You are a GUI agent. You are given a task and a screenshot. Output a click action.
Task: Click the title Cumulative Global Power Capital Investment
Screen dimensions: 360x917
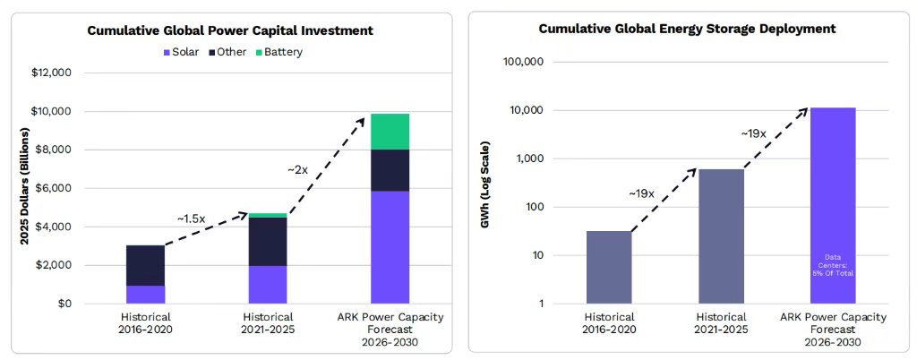(230, 30)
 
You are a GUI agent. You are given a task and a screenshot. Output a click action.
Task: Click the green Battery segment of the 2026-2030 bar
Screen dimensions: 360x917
(390, 132)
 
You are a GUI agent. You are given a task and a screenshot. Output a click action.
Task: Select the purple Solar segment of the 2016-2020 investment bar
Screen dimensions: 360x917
(145, 295)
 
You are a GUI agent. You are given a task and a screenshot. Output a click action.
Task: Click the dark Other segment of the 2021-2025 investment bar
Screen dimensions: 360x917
(268, 241)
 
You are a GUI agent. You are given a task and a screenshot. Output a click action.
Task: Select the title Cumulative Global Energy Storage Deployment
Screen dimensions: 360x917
(687, 29)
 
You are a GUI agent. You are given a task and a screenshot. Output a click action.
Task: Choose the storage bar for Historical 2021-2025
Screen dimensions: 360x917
(721, 236)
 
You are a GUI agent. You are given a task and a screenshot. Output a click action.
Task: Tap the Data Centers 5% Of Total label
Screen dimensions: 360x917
(833, 264)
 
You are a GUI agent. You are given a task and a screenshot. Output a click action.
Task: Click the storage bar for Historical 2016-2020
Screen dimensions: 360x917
(609, 267)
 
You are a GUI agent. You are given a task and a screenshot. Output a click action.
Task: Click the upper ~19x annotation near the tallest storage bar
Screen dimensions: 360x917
(754, 133)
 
